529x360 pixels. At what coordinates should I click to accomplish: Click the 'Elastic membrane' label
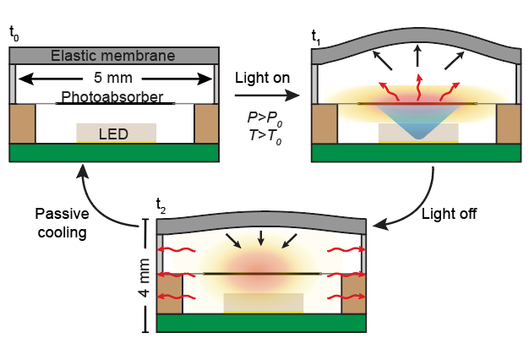coord(112,56)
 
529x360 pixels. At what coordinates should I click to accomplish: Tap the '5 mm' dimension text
coord(113,78)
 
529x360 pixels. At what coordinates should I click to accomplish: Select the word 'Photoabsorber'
coord(112,97)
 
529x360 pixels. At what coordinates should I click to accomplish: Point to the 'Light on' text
coord(262,78)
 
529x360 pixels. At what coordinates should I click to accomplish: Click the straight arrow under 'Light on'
coord(267,95)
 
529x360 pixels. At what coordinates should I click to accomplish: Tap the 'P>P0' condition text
coord(264,119)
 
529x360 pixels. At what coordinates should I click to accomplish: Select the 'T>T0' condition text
coord(265,137)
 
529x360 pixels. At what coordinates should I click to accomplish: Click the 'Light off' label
coord(449,214)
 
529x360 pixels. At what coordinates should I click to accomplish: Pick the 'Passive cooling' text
coord(62,223)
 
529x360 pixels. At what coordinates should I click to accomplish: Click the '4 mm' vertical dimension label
coord(144,278)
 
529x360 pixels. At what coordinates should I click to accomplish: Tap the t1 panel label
coord(316,38)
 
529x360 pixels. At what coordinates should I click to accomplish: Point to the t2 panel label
coord(161,206)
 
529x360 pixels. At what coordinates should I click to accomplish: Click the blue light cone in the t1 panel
coord(418,120)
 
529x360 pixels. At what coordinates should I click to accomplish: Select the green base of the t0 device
coord(114,153)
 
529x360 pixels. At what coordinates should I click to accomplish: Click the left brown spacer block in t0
coord(22,123)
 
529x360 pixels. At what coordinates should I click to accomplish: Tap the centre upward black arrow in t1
coord(418,56)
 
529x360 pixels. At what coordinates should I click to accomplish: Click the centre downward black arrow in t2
coord(261,237)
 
